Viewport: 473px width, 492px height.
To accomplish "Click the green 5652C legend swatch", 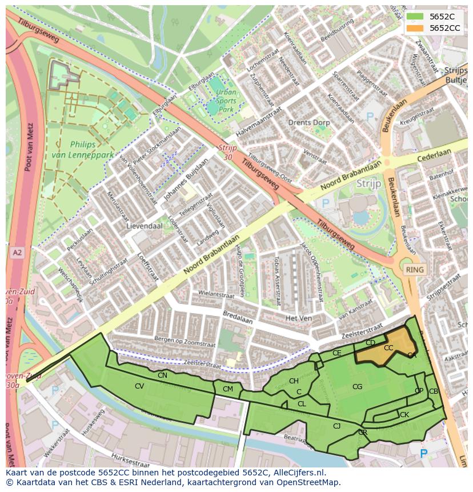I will point(415,17).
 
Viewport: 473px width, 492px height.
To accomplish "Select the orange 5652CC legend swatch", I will point(415,28).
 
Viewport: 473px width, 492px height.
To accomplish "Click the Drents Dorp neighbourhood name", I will point(308,123).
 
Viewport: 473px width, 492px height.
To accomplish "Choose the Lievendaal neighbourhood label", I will point(144,226).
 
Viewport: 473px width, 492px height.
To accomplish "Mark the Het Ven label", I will point(298,318).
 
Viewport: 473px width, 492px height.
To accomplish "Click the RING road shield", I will point(415,269).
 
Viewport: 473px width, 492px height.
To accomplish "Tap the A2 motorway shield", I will point(17,252).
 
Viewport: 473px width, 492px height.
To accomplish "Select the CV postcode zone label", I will point(139,386).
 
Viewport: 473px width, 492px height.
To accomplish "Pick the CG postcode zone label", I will point(357,387).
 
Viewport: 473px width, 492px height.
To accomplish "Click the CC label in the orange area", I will point(388,348).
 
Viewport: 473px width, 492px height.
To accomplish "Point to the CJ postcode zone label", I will point(336,426).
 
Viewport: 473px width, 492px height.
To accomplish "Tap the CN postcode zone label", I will point(162,375).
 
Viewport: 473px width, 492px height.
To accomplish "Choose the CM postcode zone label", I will point(228,389).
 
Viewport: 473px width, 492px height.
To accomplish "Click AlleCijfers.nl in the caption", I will point(298,473).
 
